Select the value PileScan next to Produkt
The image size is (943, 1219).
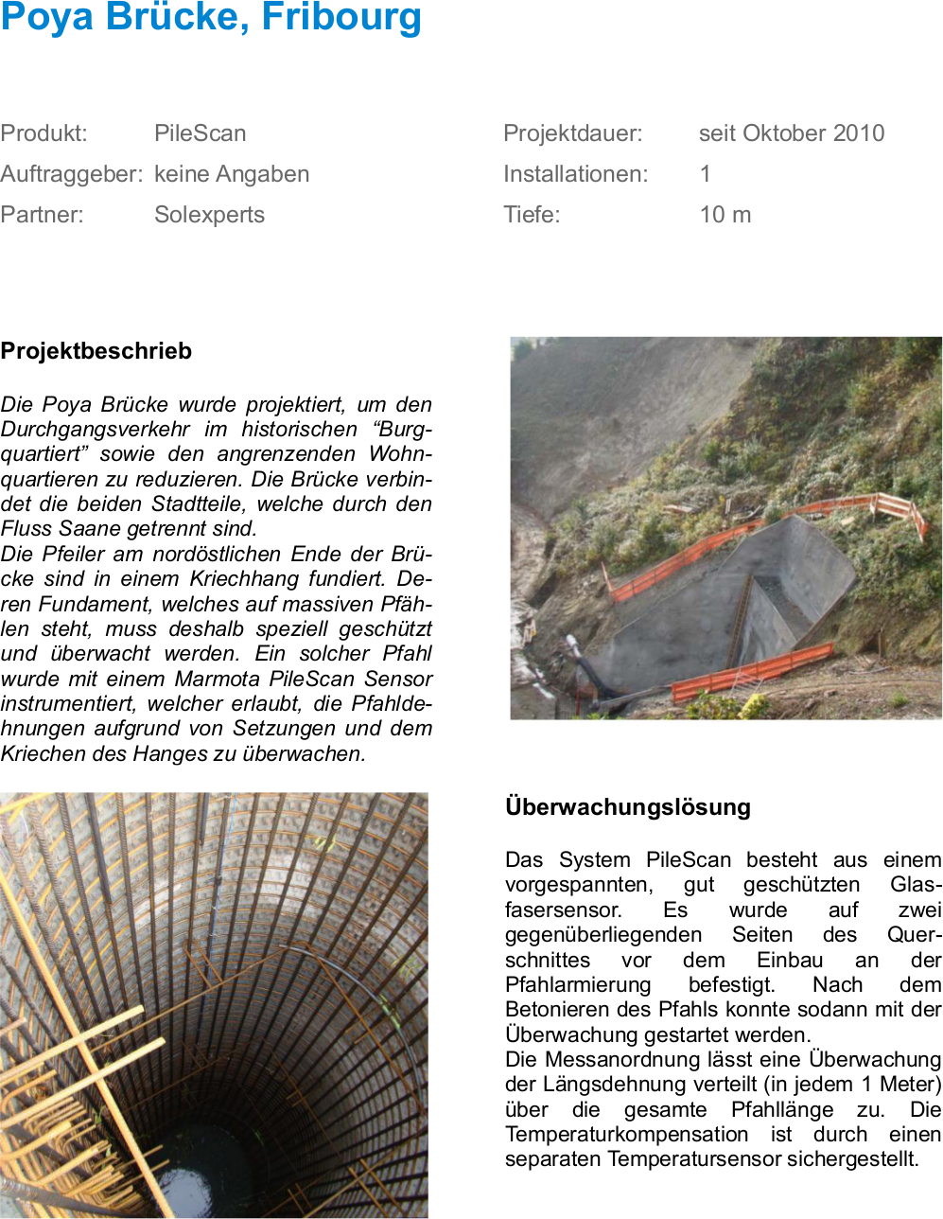click(x=200, y=133)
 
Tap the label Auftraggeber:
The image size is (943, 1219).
click(x=72, y=174)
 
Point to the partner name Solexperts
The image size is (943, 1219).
click(x=209, y=215)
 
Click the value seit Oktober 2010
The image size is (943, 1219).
click(x=792, y=133)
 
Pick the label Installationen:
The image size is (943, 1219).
click(x=575, y=174)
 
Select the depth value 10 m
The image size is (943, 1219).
click(x=725, y=215)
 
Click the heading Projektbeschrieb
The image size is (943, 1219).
click(x=96, y=351)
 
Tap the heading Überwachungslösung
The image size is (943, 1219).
click(x=628, y=807)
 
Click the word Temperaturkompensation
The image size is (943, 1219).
click(x=627, y=1135)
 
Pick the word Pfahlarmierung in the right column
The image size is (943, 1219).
click(x=578, y=985)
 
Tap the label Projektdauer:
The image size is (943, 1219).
click(x=572, y=133)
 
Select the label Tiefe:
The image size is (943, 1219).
click(x=532, y=215)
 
